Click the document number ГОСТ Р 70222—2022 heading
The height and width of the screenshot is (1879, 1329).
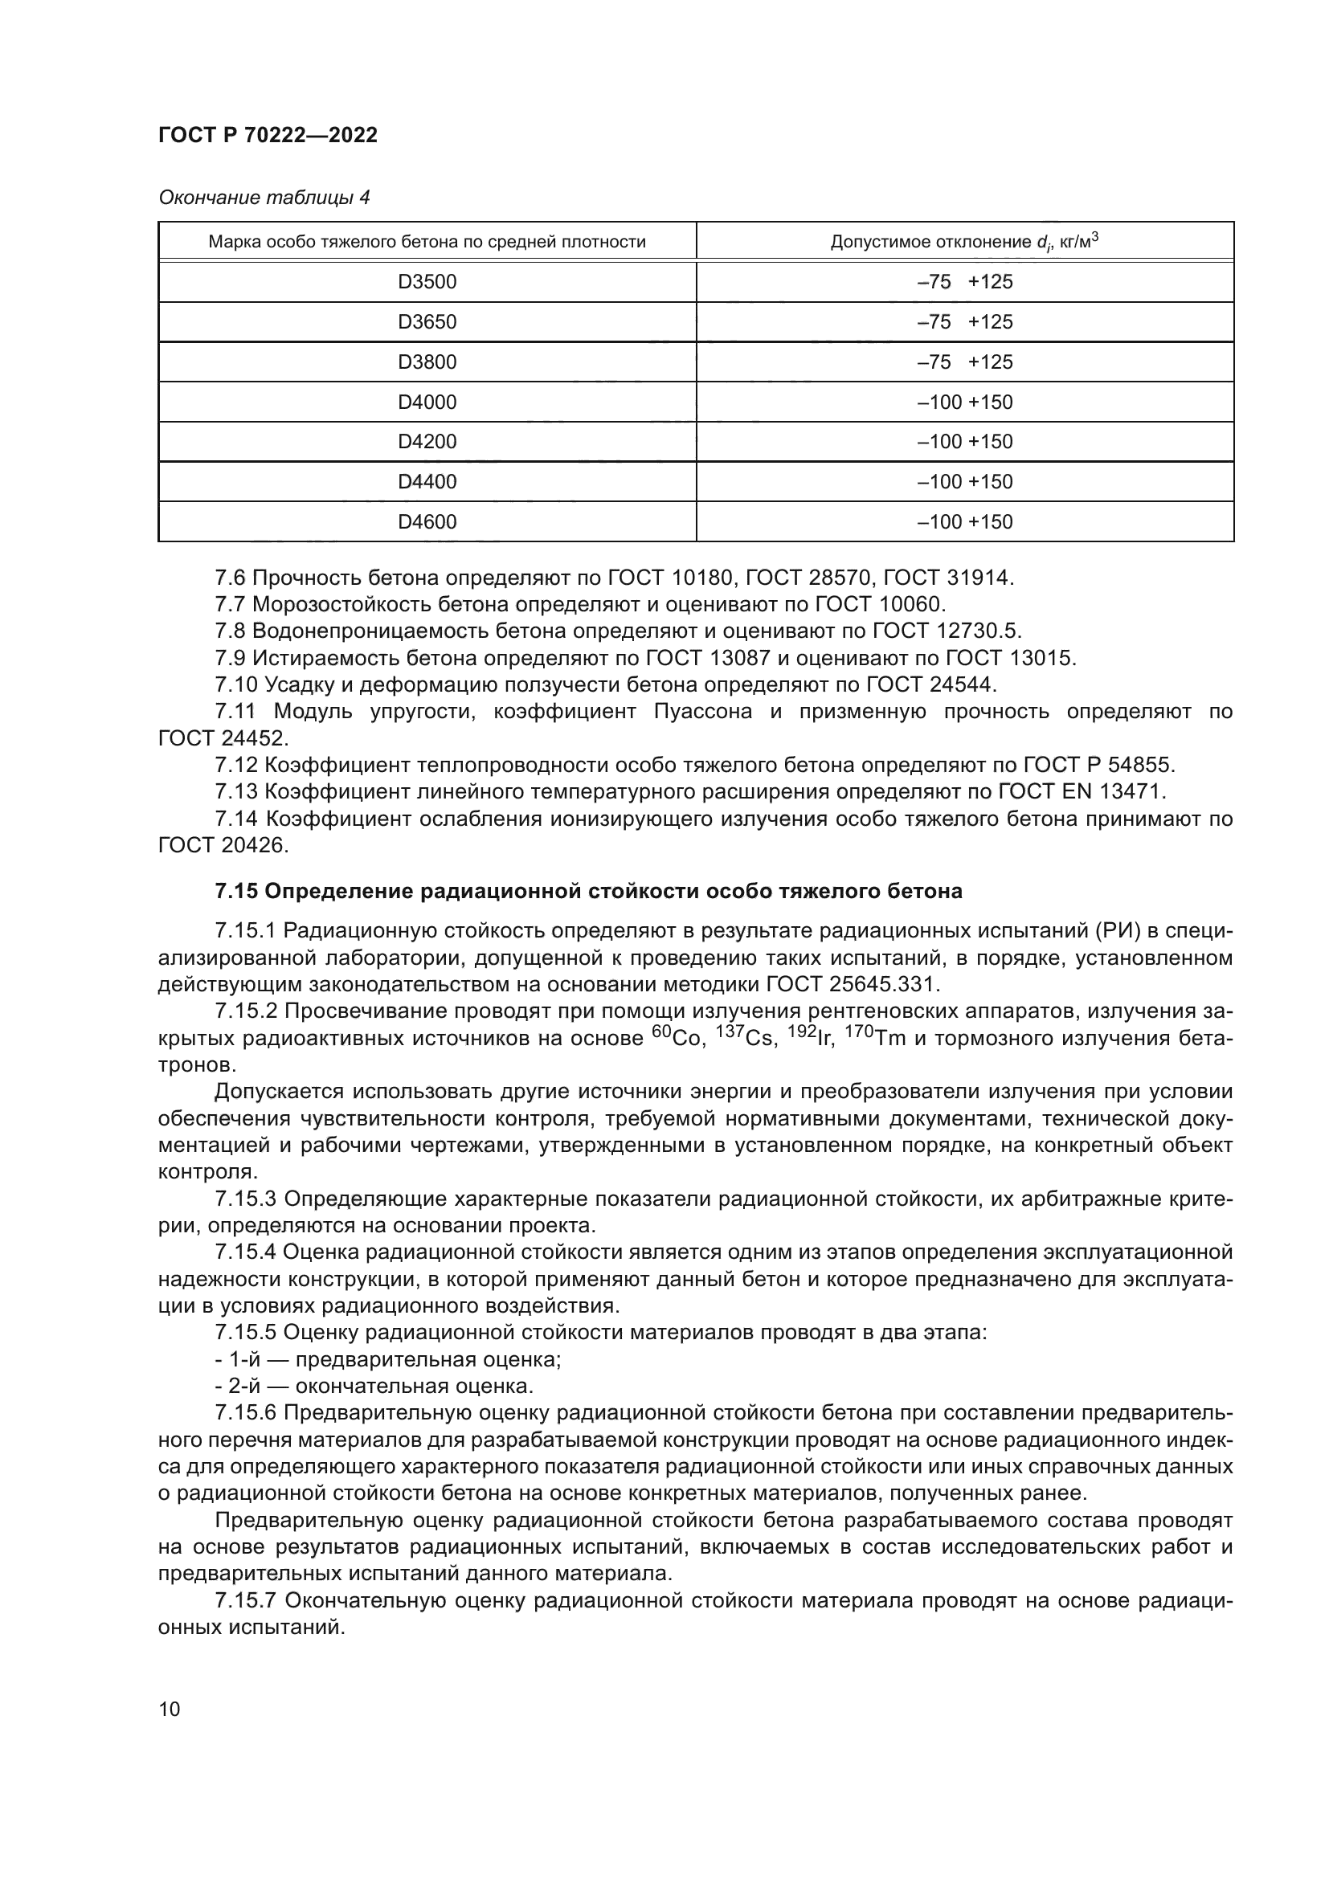pos(268,136)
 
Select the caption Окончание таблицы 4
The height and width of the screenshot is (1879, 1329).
pos(264,198)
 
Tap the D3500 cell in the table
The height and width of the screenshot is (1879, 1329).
pos(427,281)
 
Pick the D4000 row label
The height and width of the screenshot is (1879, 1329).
pos(427,402)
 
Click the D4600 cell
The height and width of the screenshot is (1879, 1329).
pos(427,521)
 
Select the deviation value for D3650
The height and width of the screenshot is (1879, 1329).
pos(965,321)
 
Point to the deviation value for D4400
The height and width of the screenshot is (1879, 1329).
pos(965,481)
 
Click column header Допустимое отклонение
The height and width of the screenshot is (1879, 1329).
pos(964,242)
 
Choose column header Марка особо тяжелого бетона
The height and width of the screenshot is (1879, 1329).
pos(427,242)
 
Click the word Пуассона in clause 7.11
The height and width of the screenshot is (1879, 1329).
pos(703,711)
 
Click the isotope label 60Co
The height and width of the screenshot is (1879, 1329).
pos(677,1038)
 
